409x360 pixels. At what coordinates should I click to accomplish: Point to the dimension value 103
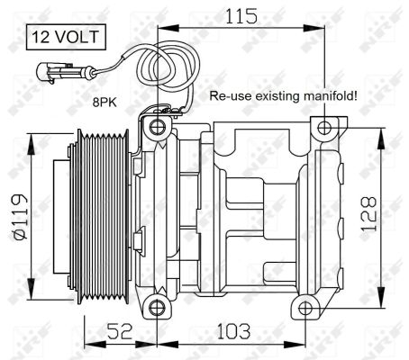236,332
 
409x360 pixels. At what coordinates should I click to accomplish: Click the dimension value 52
120,332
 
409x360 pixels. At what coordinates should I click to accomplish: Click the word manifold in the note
328,94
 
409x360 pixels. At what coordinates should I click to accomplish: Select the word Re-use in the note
226,94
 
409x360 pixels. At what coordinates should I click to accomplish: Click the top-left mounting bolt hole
159,126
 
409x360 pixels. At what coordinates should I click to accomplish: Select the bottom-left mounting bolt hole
159,309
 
